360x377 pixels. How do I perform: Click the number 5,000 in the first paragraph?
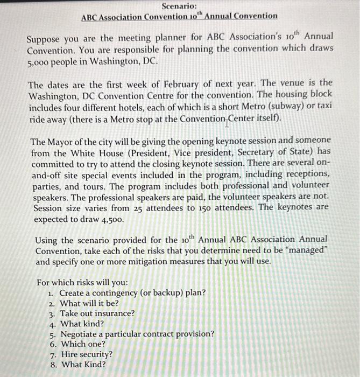[x=42, y=60]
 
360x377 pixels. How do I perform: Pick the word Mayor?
[x=60, y=142]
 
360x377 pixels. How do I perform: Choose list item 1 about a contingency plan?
[x=132, y=293]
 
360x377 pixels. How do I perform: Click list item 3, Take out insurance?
[x=97, y=313]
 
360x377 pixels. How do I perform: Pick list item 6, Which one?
[x=82, y=344]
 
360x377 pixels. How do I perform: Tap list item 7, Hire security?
[x=86, y=354]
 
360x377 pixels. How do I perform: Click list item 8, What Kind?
[x=83, y=364]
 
